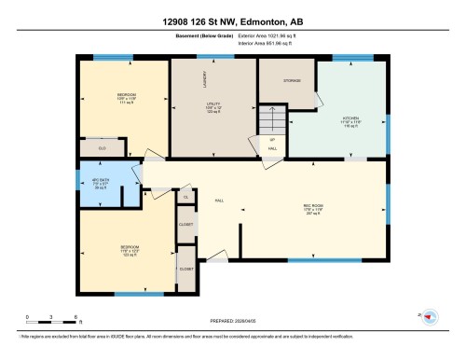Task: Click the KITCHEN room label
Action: point(350,118)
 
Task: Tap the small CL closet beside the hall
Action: point(185,196)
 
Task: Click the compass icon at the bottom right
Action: point(430,318)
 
